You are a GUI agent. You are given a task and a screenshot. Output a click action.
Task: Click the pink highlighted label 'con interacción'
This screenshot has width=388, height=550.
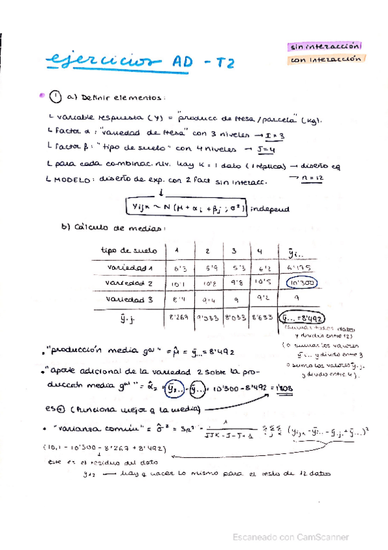[x=325, y=60]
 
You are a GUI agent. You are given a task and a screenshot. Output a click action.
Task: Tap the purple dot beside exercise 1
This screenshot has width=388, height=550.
[x=42, y=95]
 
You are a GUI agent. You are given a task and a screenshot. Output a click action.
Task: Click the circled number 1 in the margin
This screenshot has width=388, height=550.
[x=56, y=97]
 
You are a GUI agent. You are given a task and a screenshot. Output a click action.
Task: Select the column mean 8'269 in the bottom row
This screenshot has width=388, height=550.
[x=179, y=318]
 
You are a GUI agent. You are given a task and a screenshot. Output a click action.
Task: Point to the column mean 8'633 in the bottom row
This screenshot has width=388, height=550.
[x=262, y=318]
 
